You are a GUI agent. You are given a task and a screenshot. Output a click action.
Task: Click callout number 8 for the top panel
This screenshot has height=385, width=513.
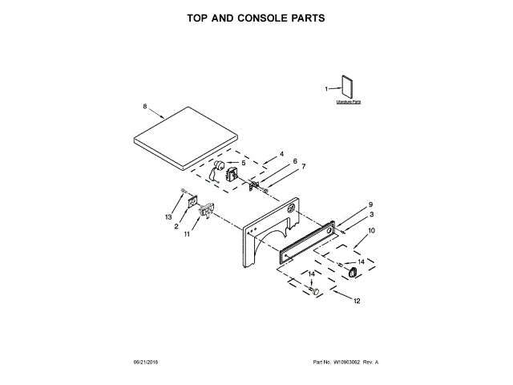point(144,107)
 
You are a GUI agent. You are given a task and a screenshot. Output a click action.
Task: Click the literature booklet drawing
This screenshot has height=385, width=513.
point(348,87)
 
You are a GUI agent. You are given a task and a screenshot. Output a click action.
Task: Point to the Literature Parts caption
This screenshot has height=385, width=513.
point(349,103)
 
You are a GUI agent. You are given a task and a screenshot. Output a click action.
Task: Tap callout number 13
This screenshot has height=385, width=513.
point(168,217)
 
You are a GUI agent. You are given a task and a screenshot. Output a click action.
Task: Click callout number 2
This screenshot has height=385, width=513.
point(176,226)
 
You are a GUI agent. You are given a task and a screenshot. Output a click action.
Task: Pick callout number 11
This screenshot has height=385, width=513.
point(187,234)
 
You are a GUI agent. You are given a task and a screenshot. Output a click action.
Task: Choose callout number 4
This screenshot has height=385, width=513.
point(281,153)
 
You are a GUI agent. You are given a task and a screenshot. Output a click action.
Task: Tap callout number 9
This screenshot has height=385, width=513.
point(371,205)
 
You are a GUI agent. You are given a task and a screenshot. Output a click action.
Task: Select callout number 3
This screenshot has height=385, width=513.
point(371,214)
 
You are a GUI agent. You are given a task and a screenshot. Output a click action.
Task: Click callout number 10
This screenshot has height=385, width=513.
point(370,231)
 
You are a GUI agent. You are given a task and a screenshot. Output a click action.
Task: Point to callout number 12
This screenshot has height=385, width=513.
point(357,302)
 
